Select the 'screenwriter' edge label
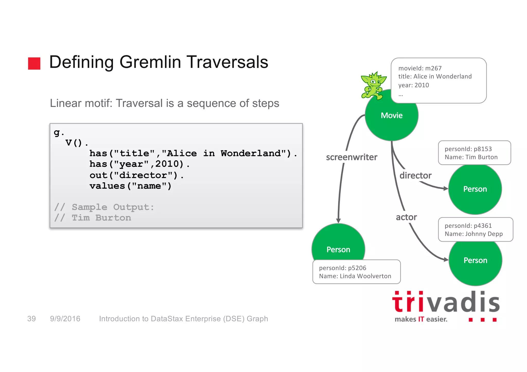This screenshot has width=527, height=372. (352, 157)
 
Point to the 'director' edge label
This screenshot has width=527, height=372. (415, 176)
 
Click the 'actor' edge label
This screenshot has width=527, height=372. (406, 217)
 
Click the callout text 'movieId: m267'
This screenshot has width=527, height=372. (420, 68)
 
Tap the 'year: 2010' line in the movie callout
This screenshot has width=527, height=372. (414, 85)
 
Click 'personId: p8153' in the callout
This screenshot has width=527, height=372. (468, 149)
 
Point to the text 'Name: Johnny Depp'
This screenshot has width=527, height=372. (473, 234)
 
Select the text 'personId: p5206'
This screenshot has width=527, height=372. (342, 268)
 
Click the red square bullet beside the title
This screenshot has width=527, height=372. (34, 63)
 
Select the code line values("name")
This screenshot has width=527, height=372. (130, 186)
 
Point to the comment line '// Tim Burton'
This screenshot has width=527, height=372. (93, 218)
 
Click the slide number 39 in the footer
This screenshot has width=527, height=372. (32, 319)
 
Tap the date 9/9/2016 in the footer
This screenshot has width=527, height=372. (65, 319)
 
